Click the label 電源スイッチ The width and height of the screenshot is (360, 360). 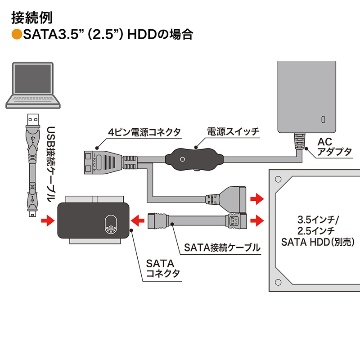click(233, 132)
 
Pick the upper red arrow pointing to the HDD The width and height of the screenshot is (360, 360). click(257, 198)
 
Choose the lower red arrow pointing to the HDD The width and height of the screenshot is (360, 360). click(257, 220)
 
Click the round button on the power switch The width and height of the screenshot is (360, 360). click(182, 160)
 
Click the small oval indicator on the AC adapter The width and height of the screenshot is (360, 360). click(323, 120)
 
